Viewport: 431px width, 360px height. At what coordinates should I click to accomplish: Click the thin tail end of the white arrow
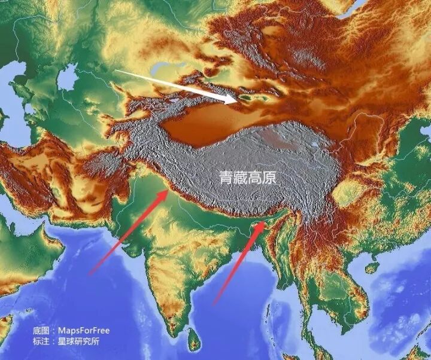click(116, 71)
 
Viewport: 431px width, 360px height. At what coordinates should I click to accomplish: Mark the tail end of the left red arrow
click(90, 274)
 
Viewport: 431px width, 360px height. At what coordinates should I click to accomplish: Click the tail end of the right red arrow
click(214, 305)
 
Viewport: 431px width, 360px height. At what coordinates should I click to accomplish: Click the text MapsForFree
click(83, 330)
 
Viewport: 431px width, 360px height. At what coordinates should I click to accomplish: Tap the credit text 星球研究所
click(78, 341)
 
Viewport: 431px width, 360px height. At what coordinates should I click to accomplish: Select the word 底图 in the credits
click(41, 330)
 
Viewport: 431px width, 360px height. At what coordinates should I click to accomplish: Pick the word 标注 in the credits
click(41, 341)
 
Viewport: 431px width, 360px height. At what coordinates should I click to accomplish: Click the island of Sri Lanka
click(193, 341)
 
